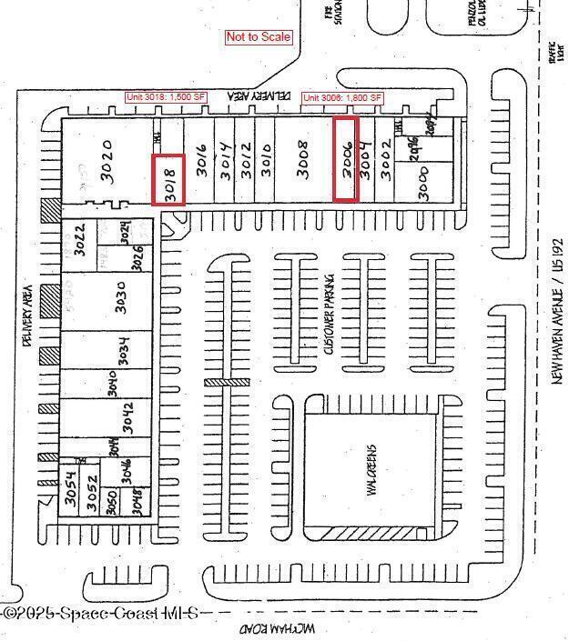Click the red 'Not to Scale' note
(259, 37)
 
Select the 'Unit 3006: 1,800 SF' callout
(342, 97)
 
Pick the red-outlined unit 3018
(169, 179)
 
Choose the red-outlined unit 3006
(346, 159)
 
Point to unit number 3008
(305, 160)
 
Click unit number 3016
(201, 160)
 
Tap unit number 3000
(422, 183)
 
